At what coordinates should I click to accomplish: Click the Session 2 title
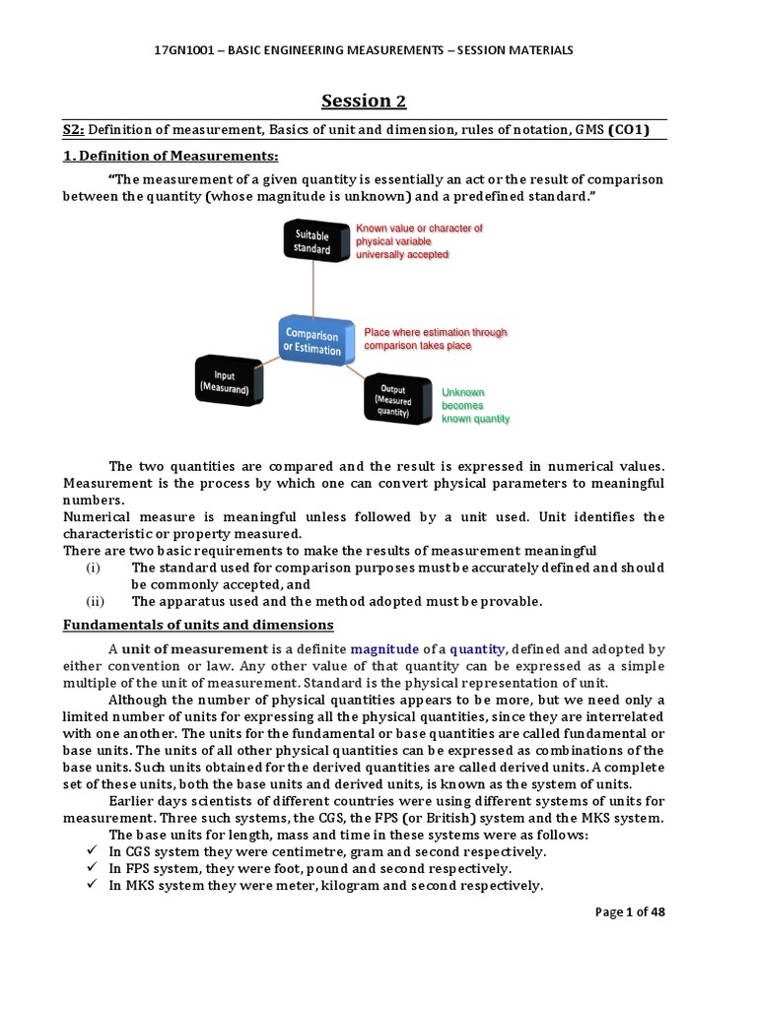(x=365, y=101)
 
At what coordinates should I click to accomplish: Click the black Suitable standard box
(x=313, y=242)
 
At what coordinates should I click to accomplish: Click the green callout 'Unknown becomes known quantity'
(x=475, y=405)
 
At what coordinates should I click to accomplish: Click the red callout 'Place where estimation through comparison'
(x=435, y=339)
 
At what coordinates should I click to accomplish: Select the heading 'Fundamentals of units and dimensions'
(x=198, y=625)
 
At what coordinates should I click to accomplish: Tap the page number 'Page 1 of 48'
(x=631, y=911)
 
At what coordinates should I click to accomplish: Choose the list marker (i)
(x=94, y=568)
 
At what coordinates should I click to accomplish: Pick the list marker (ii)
(x=95, y=601)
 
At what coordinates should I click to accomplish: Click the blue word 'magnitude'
(x=384, y=649)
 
